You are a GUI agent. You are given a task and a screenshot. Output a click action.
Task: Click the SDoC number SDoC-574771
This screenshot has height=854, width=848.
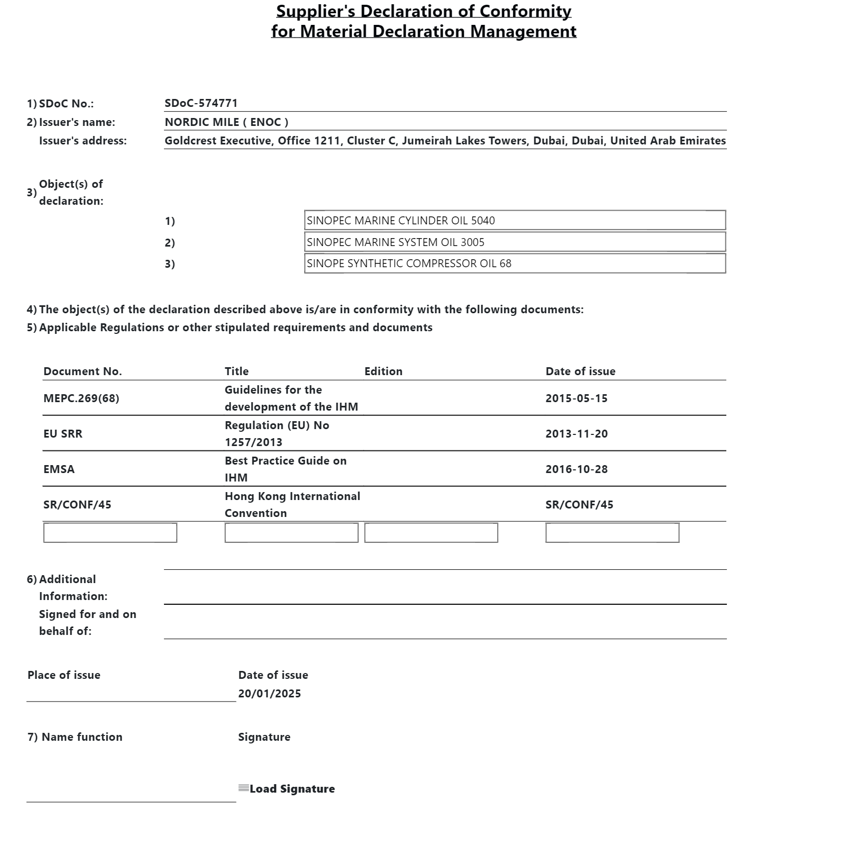pyautogui.click(x=201, y=103)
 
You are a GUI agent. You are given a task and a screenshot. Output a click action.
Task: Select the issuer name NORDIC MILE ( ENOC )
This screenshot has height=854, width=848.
pyautogui.click(x=226, y=122)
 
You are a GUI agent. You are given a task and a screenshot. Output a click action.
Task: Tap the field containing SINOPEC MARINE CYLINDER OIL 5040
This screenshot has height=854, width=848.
pyautogui.click(x=515, y=220)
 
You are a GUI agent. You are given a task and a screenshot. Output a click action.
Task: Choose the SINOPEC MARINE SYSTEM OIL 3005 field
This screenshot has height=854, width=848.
pyautogui.click(x=515, y=242)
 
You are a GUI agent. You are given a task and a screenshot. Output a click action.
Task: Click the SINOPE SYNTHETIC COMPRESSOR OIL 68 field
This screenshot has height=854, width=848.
pyautogui.click(x=515, y=264)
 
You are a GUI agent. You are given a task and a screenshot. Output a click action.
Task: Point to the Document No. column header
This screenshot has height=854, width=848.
pyautogui.click(x=83, y=371)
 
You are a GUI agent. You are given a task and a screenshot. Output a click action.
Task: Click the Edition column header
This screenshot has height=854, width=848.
pyautogui.click(x=383, y=371)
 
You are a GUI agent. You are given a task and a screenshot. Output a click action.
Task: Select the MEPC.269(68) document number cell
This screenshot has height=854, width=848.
pyautogui.click(x=81, y=398)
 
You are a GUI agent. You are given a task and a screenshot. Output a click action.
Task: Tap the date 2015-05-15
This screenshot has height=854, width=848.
pyautogui.click(x=576, y=398)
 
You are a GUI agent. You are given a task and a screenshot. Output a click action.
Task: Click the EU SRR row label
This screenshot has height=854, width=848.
pyautogui.click(x=63, y=434)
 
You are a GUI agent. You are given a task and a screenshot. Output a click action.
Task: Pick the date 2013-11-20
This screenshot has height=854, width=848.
pyautogui.click(x=576, y=434)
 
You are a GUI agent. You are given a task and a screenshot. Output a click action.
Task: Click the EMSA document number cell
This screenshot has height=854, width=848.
pyautogui.click(x=59, y=469)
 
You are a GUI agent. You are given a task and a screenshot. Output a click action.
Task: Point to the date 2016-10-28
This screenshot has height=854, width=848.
pyautogui.click(x=576, y=469)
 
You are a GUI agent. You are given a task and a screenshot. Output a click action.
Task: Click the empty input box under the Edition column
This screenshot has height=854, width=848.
pyautogui.click(x=431, y=533)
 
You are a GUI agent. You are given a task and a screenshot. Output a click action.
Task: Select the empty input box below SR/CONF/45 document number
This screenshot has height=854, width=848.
pyautogui.click(x=110, y=533)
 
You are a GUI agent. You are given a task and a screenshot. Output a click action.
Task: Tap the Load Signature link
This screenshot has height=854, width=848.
pyautogui.click(x=291, y=789)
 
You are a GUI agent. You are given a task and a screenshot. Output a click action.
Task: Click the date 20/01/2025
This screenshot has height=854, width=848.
pyautogui.click(x=269, y=694)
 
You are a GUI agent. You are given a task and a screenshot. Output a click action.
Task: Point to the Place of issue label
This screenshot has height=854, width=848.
pyautogui.click(x=64, y=675)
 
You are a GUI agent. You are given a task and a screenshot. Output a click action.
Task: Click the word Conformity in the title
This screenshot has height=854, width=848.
pyautogui.click(x=525, y=11)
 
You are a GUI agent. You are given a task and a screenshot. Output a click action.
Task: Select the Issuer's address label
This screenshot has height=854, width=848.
pyautogui.click(x=83, y=141)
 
